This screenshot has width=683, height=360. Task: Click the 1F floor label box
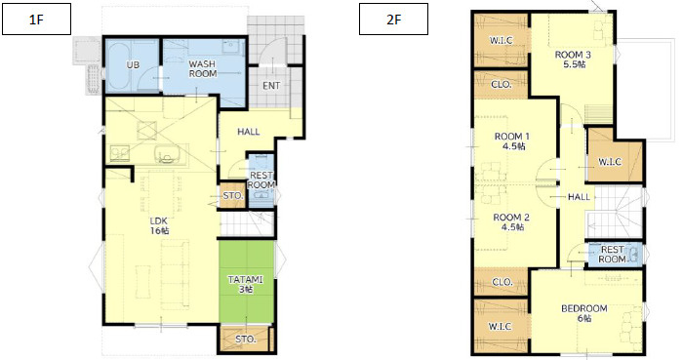click(x=37, y=20)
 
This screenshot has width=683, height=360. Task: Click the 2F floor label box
click(x=393, y=20)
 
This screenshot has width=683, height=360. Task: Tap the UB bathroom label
click(x=133, y=64)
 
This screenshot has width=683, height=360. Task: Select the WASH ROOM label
click(x=203, y=69)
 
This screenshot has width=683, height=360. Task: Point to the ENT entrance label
click(x=271, y=86)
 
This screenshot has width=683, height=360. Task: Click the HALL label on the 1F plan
click(x=248, y=132)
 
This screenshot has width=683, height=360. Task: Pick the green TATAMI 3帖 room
click(x=247, y=283)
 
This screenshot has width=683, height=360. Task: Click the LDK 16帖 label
click(x=159, y=225)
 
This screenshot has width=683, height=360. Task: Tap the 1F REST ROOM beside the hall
click(x=261, y=180)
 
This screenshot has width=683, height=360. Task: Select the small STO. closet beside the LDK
click(x=233, y=195)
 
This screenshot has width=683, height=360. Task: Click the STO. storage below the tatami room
click(x=245, y=339)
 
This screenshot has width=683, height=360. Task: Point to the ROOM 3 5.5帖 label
click(x=573, y=60)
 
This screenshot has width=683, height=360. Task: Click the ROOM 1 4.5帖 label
click(x=512, y=141)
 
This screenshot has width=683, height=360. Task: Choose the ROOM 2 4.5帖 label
click(x=511, y=221)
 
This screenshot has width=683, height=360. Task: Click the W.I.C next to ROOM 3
click(x=501, y=40)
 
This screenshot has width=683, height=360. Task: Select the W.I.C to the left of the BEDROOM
click(x=500, y=326)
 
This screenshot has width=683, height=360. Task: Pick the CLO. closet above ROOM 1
click(x=502, y=85)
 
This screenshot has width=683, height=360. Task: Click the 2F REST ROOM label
click(x=612, y=255)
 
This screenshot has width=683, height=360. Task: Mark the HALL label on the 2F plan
click(x=579, y=197)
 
